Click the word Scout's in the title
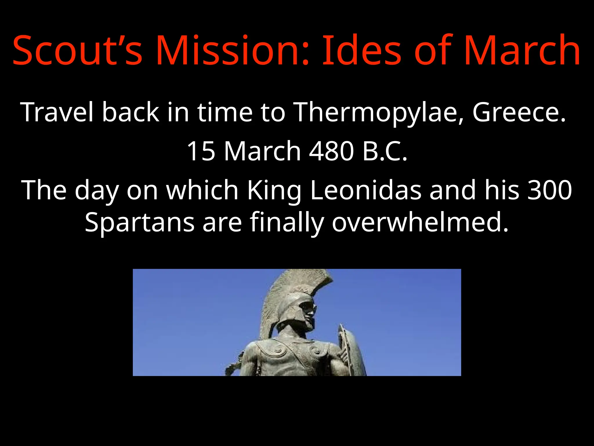tap(77, 50)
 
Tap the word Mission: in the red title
tap(232, 50)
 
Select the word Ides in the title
tap(361, 50)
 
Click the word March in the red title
tap(522, 50)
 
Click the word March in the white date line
tap(262, 151)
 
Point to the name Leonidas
tap(365, 190)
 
